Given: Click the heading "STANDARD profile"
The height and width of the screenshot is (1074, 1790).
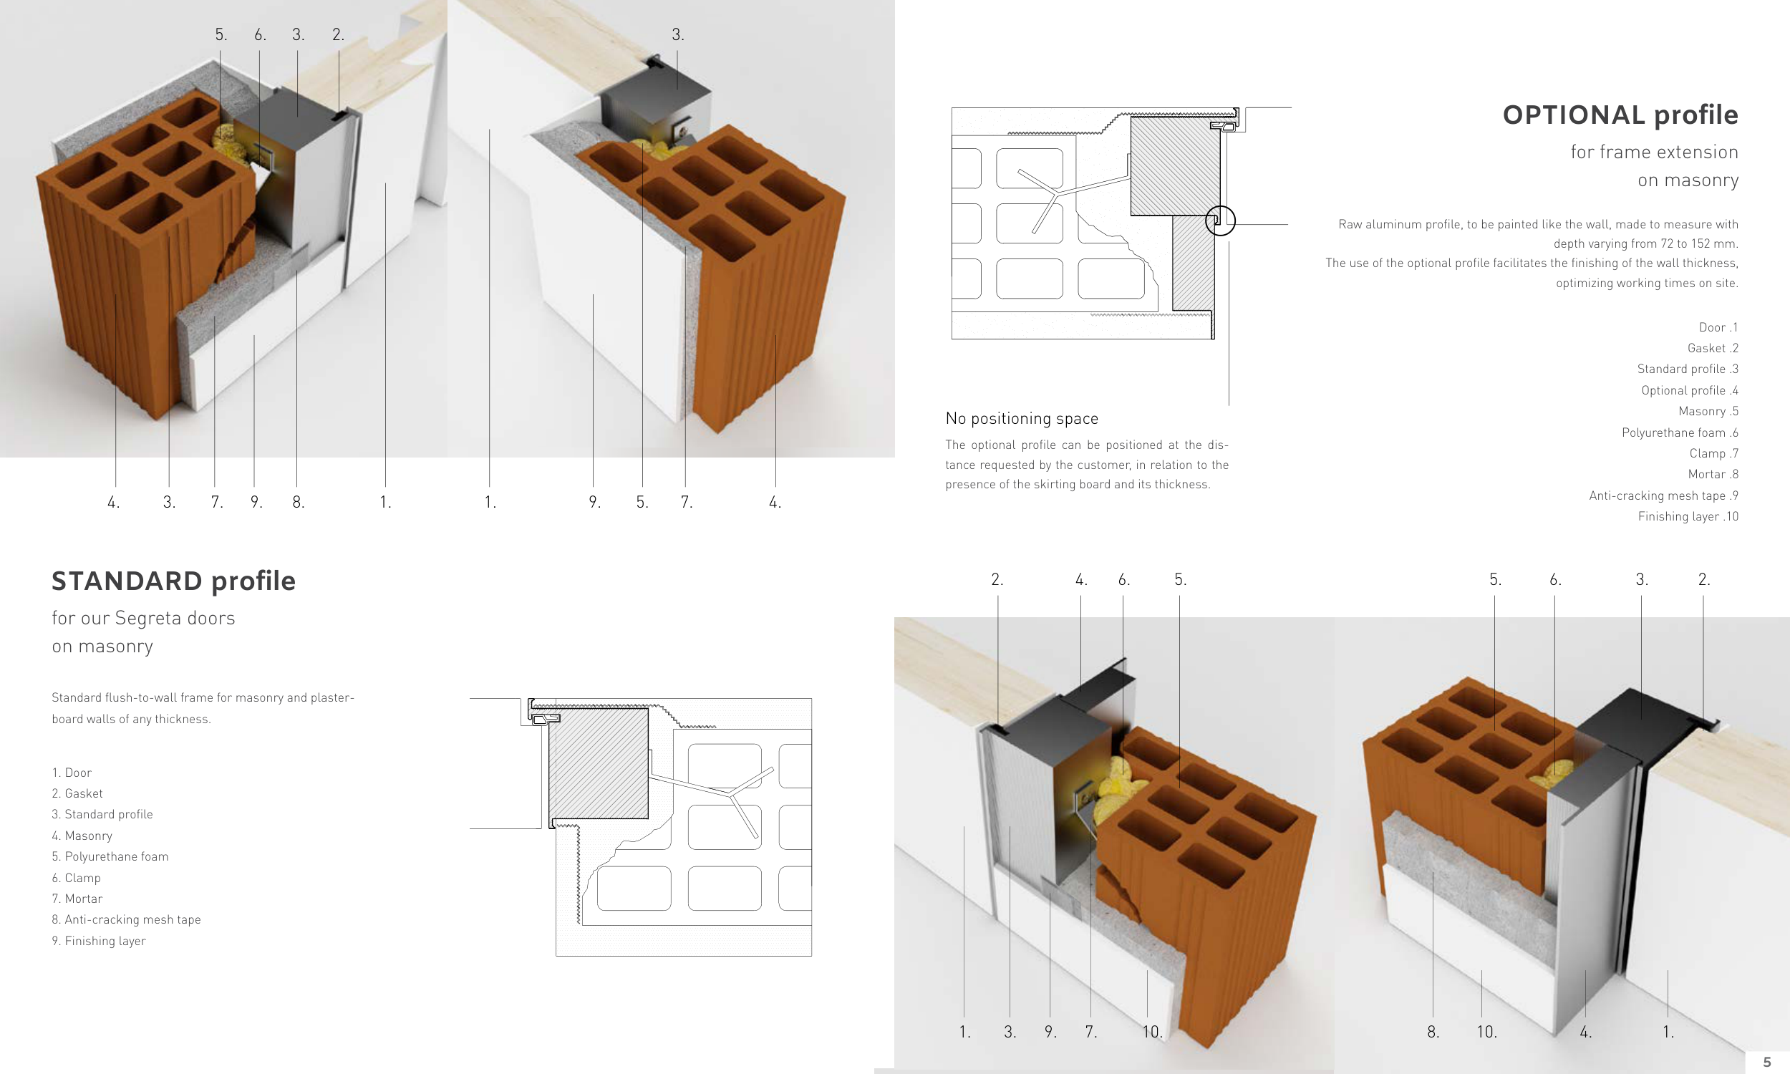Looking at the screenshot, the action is [x=174, y=581].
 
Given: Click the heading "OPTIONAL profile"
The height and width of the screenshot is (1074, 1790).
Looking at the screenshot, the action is [x=1620, y=115].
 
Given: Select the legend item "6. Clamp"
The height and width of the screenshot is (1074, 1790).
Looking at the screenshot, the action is [x=76, y=877].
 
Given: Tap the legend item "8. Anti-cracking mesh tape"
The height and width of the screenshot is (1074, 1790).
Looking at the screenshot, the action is [x=126, y=919].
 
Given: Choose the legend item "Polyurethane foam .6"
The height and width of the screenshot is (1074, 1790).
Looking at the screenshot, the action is [x=1680, y=432].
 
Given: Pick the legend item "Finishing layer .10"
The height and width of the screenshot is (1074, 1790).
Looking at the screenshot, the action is [x=1688, y=516].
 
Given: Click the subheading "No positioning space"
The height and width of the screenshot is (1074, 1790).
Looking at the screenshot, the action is [x=1022, y=418].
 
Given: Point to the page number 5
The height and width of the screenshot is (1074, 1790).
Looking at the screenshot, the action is [x=1767, y=1062].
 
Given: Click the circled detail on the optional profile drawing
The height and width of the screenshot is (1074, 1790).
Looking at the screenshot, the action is [x=1220, y=221].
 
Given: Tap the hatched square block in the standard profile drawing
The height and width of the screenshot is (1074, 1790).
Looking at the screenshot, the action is [x=599, y=763].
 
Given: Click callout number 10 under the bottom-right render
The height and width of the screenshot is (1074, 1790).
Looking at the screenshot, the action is [x=1487, y=1032].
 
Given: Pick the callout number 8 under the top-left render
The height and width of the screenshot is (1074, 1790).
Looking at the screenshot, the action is [x=298, y=501].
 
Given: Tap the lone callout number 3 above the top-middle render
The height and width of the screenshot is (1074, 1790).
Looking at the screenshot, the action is [x=677, y=34].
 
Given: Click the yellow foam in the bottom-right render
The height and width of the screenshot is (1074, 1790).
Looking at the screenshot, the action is [x=1556, y=770].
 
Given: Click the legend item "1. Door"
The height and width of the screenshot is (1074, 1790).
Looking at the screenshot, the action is [x=72, y=773].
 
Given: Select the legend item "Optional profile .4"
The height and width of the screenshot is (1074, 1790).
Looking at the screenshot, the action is [x=1690, y=390].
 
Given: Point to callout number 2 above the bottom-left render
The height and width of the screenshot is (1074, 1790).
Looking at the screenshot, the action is [x=997, y=579].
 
